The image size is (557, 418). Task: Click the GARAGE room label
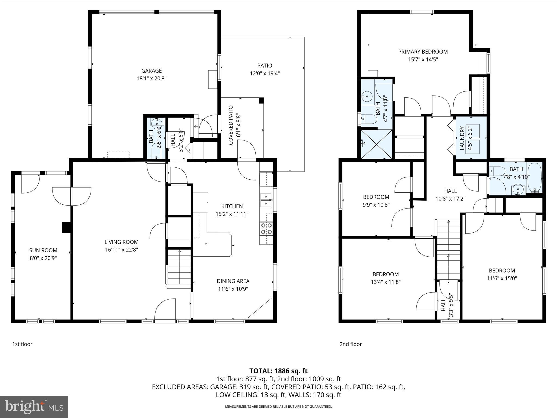pos(151,71)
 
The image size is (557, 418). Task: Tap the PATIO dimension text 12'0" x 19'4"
pos(265,73)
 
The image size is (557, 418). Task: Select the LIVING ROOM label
pos(122,242)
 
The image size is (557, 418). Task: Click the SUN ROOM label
pos(43,250)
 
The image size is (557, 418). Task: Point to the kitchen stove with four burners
pos(267,228)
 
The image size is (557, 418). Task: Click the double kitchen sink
pos(266,200)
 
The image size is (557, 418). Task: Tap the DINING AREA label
pos(233,281)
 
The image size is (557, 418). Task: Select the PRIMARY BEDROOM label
pos(423,52)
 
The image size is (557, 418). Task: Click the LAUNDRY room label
pos(462,138)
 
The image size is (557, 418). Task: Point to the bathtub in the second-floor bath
pos(534,178)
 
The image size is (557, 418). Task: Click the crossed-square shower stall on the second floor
pos(377,144)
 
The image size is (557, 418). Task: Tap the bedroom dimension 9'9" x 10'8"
pos(376,205)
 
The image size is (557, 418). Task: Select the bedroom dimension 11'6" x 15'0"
pos(502,278)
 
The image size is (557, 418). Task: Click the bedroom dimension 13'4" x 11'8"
pos(386,282)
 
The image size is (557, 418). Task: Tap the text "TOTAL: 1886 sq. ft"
pos(278,371)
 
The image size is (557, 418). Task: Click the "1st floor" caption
pos(22,344)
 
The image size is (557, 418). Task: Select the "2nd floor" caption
pos(351,344)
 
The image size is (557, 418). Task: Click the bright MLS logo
pos(34,407)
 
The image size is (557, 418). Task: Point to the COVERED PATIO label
pos(231,125)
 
